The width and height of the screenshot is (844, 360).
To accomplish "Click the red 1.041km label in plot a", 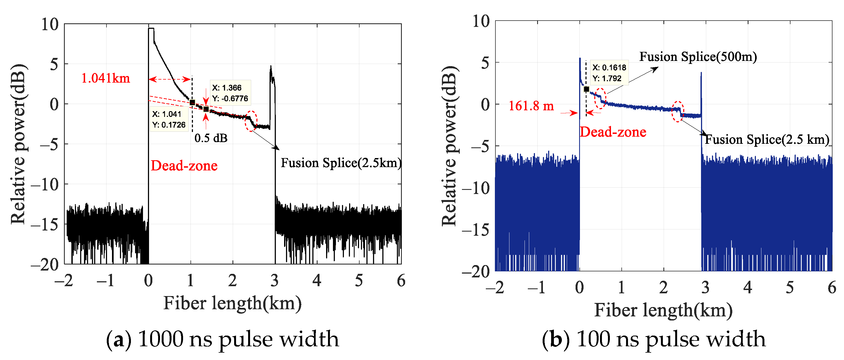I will [105, 78].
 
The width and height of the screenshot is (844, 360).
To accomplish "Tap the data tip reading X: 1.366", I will [230, 93].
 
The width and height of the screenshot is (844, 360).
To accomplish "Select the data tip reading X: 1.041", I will [169, 119].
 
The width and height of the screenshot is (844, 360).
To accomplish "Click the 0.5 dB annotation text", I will [211, 138].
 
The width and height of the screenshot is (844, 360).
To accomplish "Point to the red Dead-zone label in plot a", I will [184, 166].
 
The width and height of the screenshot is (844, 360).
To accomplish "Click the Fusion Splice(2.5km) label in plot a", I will [341, 163].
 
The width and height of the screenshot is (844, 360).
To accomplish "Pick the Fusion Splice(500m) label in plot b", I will [698, 57].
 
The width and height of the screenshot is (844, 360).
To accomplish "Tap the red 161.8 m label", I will [531, 106].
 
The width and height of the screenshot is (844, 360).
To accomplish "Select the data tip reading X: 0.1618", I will [609, 73].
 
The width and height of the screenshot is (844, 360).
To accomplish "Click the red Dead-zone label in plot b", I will [613, 132].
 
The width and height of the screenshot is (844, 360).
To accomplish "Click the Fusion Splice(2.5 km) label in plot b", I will [767, 140].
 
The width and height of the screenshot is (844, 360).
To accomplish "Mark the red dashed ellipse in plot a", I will [251, 121].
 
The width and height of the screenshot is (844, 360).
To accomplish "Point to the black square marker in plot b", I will [587, 89].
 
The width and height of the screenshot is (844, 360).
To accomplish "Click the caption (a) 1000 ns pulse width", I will [222, 339].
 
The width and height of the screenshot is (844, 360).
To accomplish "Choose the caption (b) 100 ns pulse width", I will [654, 339].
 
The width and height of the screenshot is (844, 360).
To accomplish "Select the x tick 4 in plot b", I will [748, 288].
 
